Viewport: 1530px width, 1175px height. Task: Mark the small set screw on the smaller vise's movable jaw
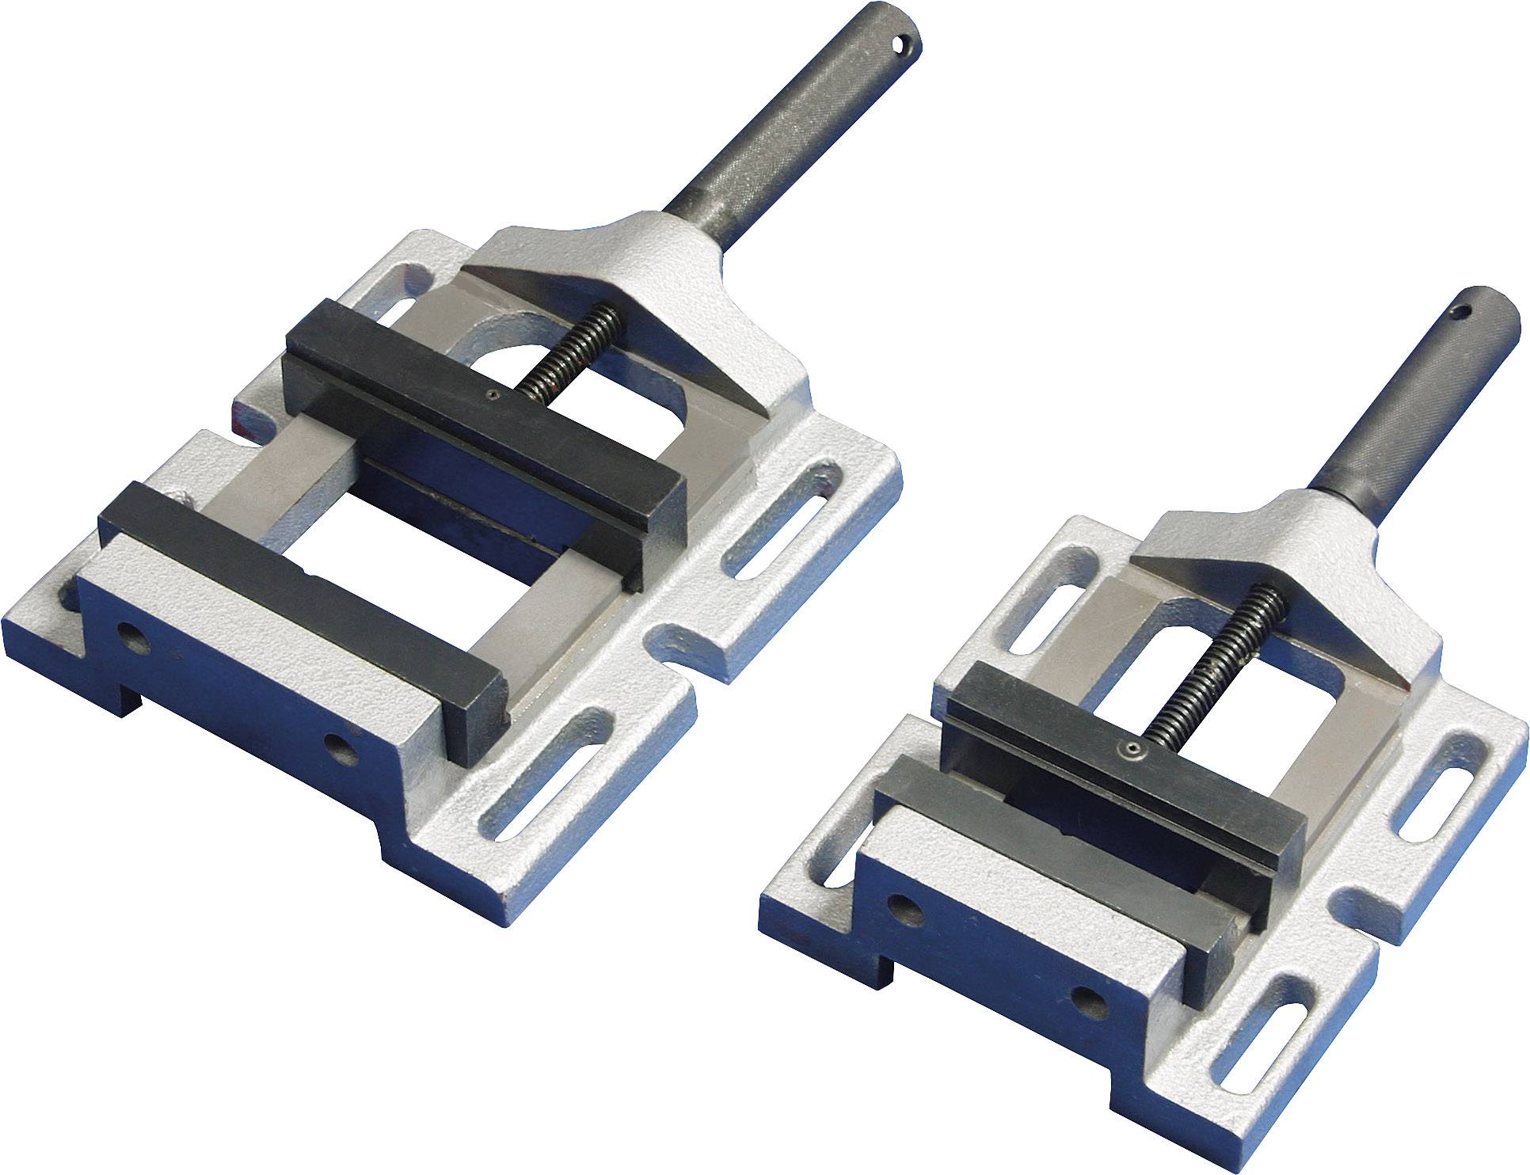[1133, 748]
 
